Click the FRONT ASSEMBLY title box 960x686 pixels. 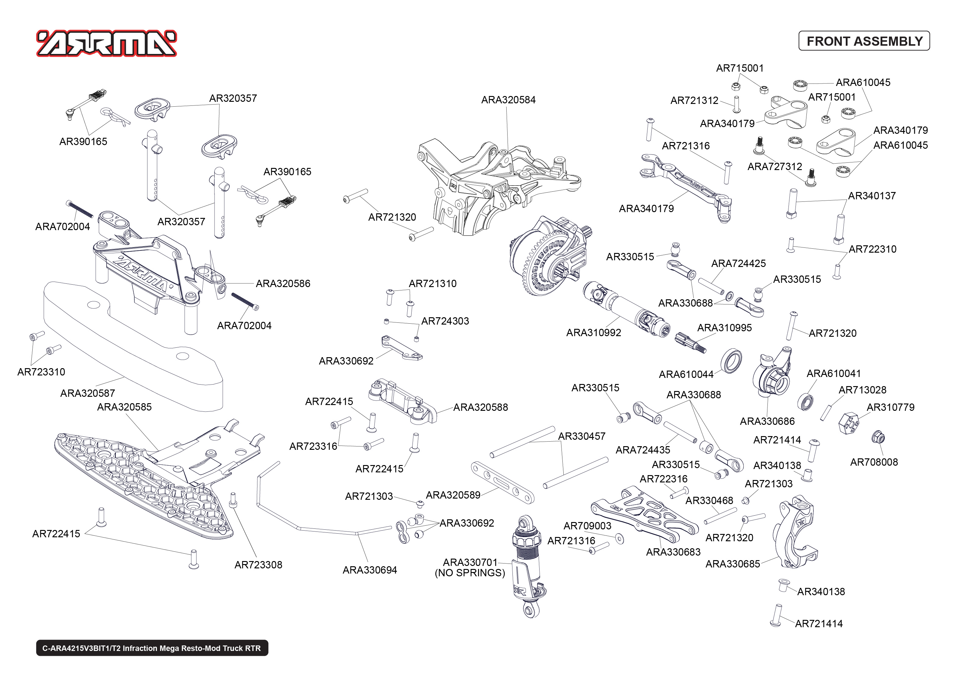864,41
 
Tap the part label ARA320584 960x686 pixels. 508,100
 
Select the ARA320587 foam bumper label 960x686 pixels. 87,393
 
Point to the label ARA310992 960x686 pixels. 593,333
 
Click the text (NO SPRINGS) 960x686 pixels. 469,573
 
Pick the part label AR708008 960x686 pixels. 873,462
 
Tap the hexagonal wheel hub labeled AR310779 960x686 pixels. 848,423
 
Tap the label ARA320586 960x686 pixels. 283,284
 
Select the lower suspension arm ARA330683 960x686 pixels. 644,515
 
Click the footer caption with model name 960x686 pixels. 152,649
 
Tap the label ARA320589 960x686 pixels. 453,495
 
